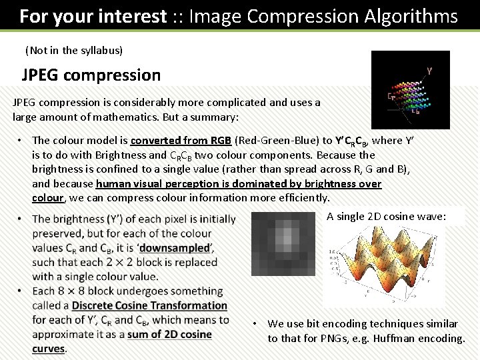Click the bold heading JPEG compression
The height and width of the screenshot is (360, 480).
(91, 75)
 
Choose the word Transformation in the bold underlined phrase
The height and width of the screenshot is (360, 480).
(191, 305)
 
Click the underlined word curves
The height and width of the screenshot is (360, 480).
(48, 349)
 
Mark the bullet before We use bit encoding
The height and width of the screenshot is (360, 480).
(255, 324)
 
